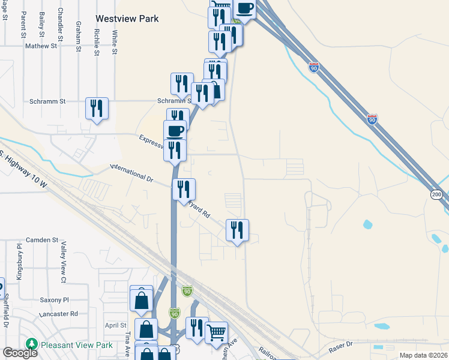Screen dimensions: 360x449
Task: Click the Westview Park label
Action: [127, 19]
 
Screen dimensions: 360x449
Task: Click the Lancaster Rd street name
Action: [58, 314]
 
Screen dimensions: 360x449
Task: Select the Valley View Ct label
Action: [63, 262]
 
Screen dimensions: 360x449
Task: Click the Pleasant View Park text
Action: [77, 345]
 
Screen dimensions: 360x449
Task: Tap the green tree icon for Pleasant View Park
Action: [32, 344]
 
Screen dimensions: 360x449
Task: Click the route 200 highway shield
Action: [436, 194]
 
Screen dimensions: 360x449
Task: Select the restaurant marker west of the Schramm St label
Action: [97, 109]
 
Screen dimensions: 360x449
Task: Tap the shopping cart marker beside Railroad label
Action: [216, 331]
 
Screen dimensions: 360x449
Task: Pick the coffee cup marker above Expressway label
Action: [175, 130]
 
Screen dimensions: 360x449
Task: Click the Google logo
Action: [20, 353]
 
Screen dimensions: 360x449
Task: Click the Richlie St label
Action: [97, 41]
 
